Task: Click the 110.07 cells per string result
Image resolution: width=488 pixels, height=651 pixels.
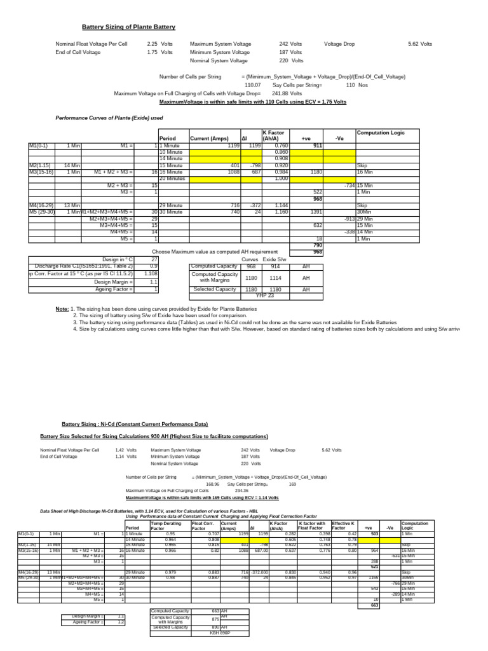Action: [x=253, y=85]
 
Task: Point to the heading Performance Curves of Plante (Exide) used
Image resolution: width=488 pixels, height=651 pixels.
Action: [x=110, y=118]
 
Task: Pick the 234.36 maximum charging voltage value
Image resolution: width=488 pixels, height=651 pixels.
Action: [x=241, y=491]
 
